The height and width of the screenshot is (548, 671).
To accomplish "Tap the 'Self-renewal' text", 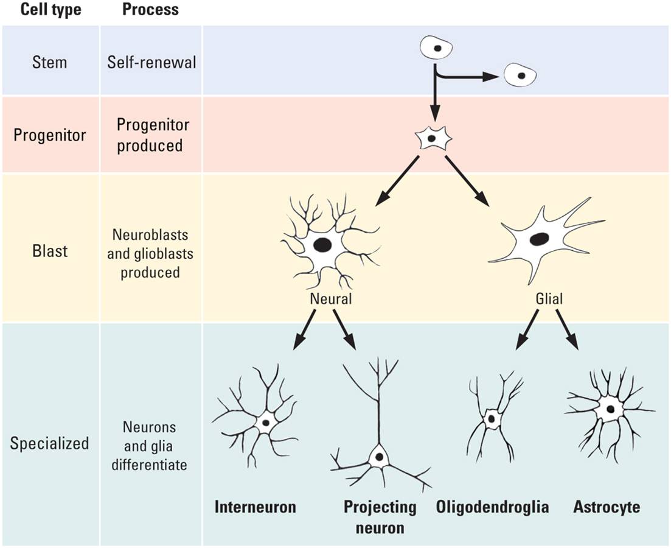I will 151,62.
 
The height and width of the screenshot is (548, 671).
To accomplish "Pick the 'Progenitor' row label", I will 50,135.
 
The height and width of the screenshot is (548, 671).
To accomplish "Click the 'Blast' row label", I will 50,250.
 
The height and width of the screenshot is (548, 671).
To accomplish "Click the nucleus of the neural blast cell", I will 322,245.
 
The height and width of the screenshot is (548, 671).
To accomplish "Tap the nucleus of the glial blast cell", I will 538,239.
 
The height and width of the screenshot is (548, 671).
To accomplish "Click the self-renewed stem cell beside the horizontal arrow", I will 520,75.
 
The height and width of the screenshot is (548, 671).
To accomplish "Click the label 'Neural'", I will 330,300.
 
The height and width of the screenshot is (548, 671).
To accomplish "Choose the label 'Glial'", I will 549,299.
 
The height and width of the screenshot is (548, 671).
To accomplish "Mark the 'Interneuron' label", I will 255,507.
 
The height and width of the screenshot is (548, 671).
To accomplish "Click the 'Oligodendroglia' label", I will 492,507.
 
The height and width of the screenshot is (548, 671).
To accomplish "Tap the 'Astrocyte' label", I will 607,507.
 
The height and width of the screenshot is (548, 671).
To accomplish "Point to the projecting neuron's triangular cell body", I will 378,456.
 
